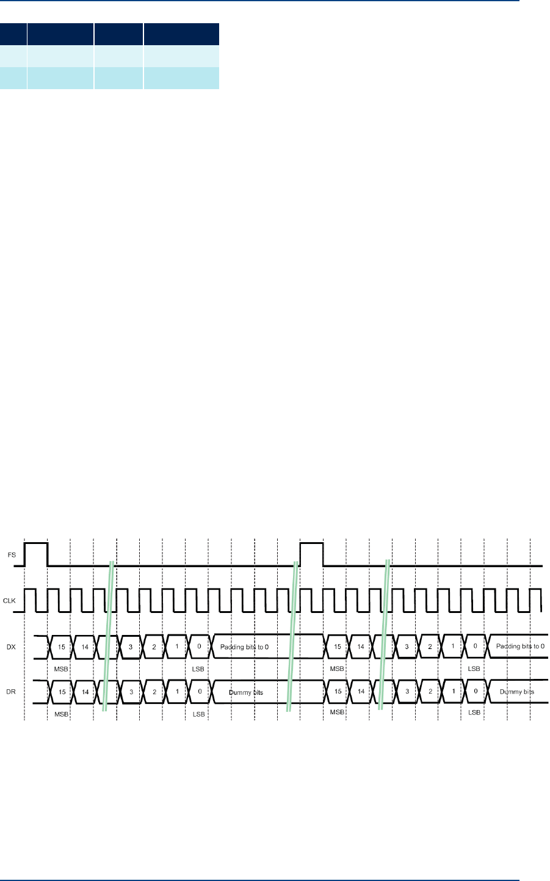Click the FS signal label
click(10, 555)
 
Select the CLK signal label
click(10, 601)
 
